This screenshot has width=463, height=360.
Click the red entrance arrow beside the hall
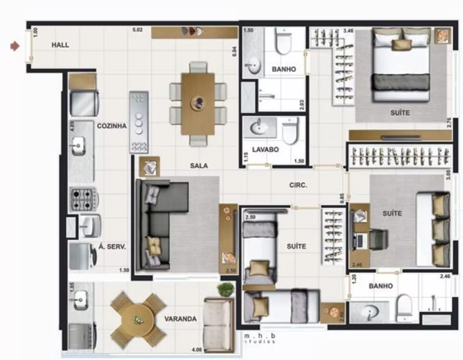[x=16, y=45]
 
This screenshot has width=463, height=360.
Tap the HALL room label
[x=61, y=45]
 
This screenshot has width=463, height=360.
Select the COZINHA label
[x=112, y=125]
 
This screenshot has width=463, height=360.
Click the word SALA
[x=199, y=165]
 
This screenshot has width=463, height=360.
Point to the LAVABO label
[x=265, y=149]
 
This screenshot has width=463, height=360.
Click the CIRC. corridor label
[x=298, y=185]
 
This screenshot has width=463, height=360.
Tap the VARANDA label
[x=180, y=319]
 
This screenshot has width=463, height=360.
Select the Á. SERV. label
[x=112, y=247]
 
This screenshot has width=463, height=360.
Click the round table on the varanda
[x=138, y=319]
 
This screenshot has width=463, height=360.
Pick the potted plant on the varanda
[x=225, y=290]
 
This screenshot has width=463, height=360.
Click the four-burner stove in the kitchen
[x=83, y=200]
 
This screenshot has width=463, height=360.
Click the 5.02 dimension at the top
[x=137, y=30]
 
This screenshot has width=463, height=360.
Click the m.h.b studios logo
[x=260, y=338]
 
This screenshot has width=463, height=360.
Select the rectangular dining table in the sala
[x=198, y=104]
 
